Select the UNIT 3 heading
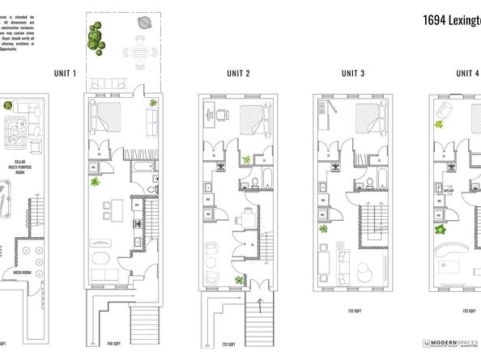[x=352, y=74]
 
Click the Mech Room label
[x=33, y=273]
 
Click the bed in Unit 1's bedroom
[x=109, y=117]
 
